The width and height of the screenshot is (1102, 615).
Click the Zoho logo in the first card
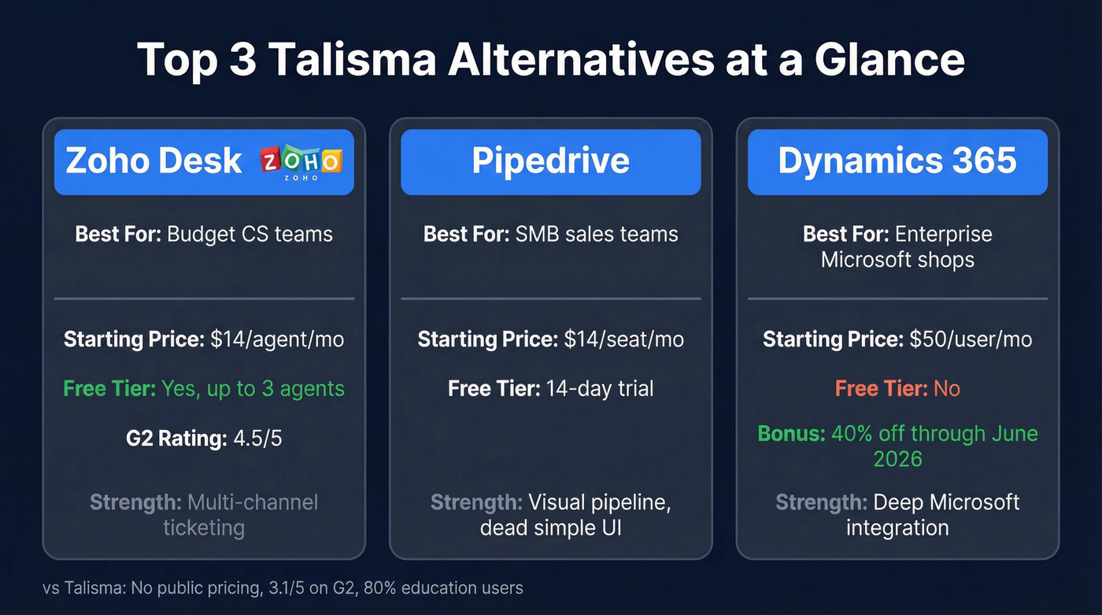[x=301, y=161]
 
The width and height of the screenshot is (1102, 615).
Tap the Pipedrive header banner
[x=550, y=161]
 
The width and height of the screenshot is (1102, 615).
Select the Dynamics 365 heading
[x=897, y=161]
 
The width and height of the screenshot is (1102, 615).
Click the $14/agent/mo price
[x=277, y=339]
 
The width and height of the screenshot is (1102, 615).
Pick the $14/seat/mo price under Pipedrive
[x=623, y=339]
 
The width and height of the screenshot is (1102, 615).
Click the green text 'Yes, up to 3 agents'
[x=253, y=388]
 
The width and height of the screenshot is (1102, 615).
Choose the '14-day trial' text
[x=601, y=388]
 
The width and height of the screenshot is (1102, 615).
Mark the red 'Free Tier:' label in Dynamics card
[x=880, y=388]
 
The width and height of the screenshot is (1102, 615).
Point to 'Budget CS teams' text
[x=250, y=234]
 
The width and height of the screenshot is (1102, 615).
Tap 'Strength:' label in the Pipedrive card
[x=475, y=502]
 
